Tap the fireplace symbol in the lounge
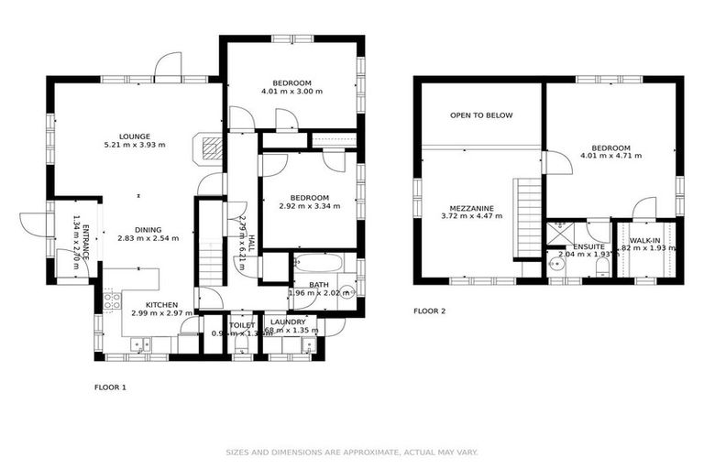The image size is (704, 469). [211, 147]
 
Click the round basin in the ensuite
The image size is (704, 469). [556, 265]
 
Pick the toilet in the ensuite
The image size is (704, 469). [601, 267]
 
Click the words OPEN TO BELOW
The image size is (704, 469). [481, 115]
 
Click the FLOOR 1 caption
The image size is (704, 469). [110, 387]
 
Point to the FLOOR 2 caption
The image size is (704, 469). [429, 311]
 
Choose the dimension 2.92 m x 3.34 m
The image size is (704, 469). [309, 206]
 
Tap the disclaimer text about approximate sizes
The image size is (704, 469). [352, 452]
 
